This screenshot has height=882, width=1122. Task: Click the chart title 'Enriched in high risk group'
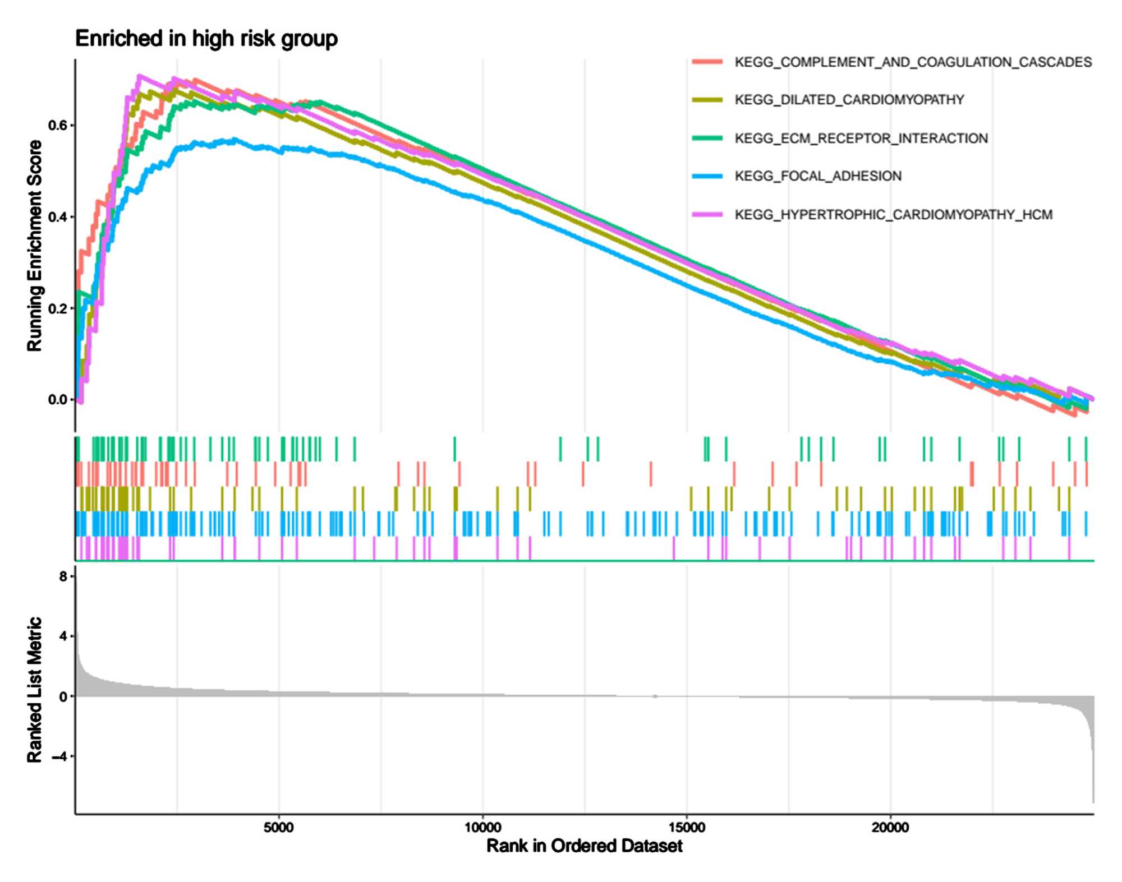(x=206, y=39)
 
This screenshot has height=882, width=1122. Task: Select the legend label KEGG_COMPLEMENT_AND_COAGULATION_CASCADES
(x=913, y=62)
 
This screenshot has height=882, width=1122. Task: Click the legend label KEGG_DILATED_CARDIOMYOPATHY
(x=849, y=100)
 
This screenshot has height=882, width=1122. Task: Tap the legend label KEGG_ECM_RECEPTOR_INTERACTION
(x=861, y=138)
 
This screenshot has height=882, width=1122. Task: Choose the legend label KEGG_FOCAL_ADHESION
(x=818, y=176)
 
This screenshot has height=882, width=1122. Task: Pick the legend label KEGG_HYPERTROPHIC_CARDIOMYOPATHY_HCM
(x=893, y=215)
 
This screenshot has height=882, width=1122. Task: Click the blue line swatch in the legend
(x=707, y=176)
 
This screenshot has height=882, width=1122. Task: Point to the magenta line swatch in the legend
(x=707, y=215)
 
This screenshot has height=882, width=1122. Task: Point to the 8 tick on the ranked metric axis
(x=63, y=576)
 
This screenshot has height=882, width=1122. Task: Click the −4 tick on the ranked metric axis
(x=59, y=756)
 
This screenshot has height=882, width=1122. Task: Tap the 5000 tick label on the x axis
(x=279, y=828)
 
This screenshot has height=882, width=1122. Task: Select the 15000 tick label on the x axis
(x=687, y=828)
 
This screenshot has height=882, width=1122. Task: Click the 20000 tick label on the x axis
(x=890, y=828)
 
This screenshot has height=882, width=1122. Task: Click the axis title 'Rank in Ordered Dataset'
(x=584, y=846)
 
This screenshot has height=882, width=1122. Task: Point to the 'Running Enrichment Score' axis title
(x=35, y=246)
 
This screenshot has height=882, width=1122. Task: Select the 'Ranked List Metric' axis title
(x=35, y=690)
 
